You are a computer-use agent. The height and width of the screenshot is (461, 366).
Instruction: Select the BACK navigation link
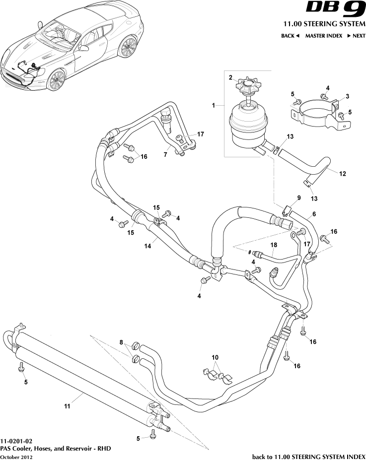[290, 36]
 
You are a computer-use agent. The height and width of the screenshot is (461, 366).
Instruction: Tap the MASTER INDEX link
[323, 36]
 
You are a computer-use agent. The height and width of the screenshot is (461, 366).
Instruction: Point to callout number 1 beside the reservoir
[214, 106]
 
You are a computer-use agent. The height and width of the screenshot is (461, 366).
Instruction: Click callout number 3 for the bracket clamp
[347, 96]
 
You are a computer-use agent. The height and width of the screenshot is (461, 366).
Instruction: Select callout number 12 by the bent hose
[342, 174]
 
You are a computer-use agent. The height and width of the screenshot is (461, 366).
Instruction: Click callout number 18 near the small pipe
[273, 245]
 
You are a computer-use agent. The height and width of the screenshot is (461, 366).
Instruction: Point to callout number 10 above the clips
[215, 357]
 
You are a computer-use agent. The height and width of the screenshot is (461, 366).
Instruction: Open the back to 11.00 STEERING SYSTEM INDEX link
[308, 456]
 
